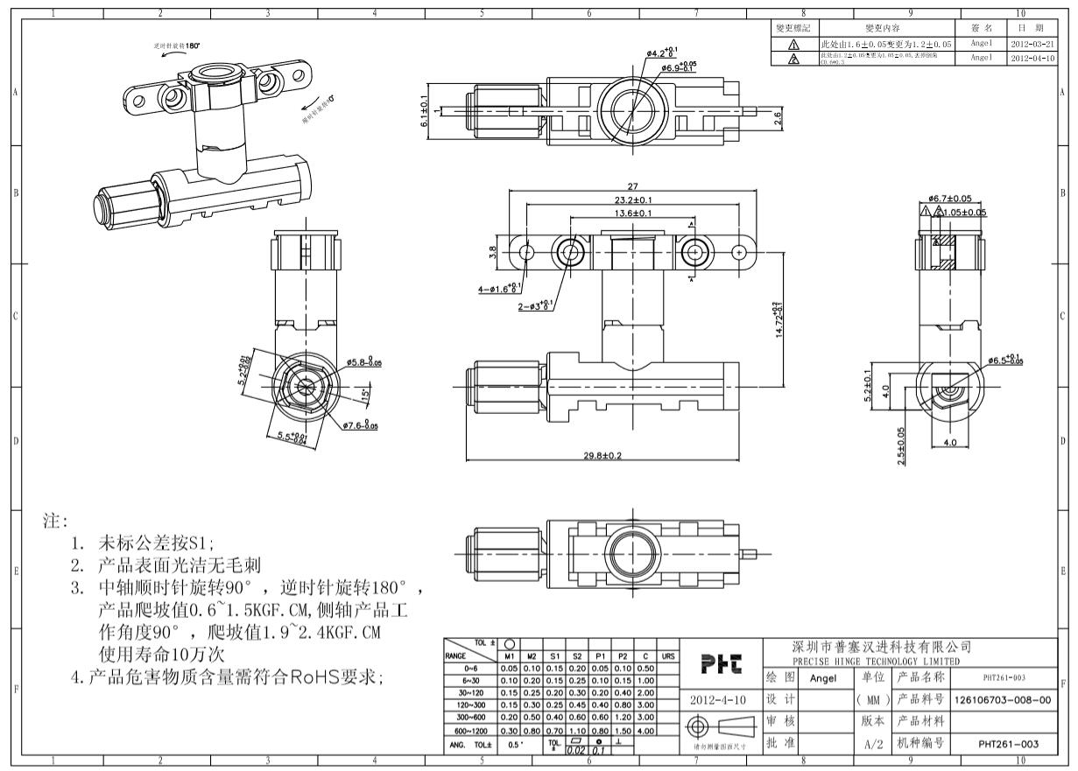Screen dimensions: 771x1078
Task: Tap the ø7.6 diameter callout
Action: pos(360,426)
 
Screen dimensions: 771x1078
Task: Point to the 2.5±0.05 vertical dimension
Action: pos(901,447)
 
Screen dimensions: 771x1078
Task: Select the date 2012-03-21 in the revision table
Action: pos(1032,43)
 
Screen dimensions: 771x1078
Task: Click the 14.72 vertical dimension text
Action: pos(779,324)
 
